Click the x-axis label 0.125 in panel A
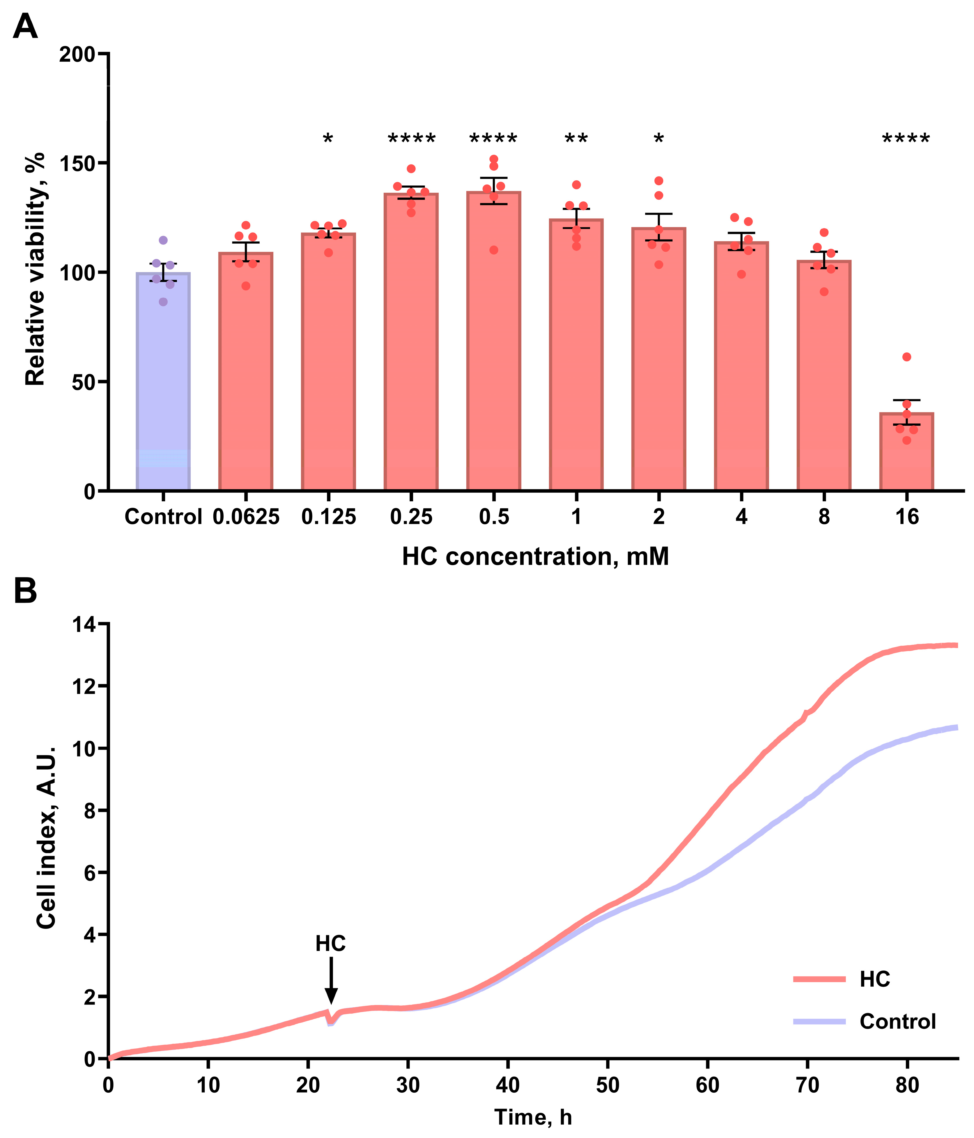pyautogui.click(x=329, y=517)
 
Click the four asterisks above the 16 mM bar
pyautogui.click(x=906, y=139)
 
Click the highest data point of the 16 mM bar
pyautogui.click(x=907, y=357)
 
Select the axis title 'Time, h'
pyautogui.click(x=533, y=1117)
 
